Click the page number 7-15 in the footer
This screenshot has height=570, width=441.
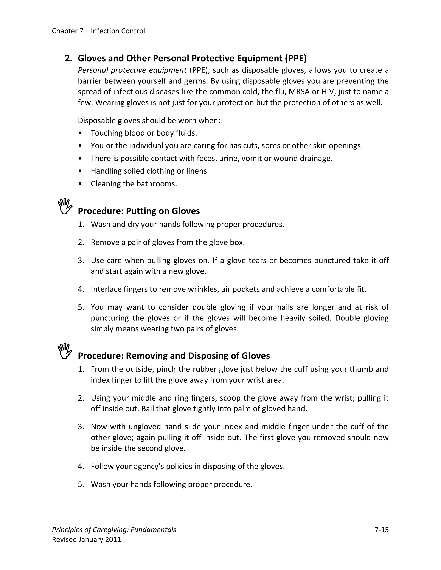tap(381, 530)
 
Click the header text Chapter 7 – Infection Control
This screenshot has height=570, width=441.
tap(98, 31)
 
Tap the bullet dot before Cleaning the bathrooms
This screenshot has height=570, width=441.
tap(80, 184)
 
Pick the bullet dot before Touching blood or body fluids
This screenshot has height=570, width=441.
tap(80, 133)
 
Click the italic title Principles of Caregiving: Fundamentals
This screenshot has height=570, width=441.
tap(114, 530)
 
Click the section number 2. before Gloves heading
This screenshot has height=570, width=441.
tap(68, 58)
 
